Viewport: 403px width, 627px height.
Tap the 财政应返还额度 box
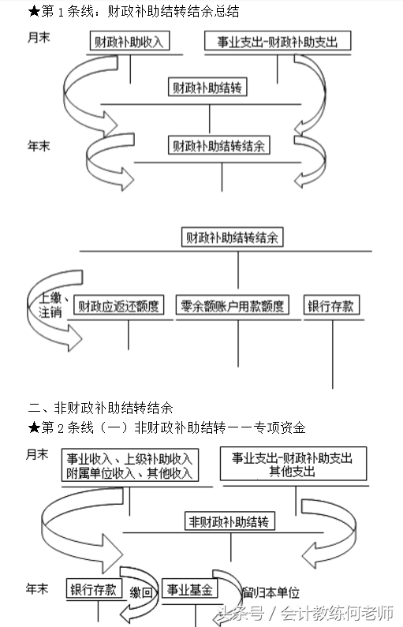116,305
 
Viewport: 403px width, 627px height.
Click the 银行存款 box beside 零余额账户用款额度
332,305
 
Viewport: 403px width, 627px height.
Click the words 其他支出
292,472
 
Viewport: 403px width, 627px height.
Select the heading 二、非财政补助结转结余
100,408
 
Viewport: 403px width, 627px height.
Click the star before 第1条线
33,12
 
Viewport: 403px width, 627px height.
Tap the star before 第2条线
33,427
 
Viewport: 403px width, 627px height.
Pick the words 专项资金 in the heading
279,427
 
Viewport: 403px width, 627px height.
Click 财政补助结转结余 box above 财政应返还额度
232,236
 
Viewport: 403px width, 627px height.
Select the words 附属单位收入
96,472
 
